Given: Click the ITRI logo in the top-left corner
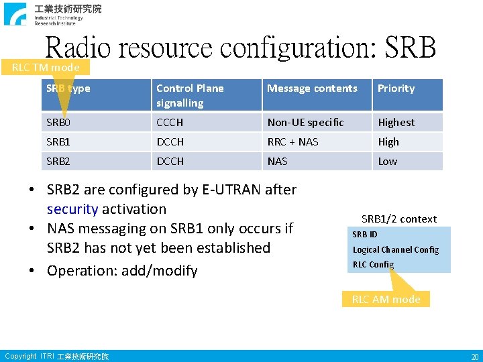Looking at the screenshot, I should [x=17, y=13].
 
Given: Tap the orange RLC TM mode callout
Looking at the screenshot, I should [x=46, y=67].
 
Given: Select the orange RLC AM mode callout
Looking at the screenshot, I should [x=386, y=299].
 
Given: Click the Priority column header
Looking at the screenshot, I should [x=396, y=88].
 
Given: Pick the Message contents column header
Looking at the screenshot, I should [x=312, y=88].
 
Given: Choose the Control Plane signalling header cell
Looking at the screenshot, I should [x=190, y=95].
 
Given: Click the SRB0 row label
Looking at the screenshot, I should [x=58, y=122].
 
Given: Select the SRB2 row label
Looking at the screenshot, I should [x=58, y=161].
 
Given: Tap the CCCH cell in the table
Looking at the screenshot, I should [x=170, y=122].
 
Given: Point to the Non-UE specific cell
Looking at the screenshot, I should [x=305, y=122].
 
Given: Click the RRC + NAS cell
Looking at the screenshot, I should [x=292, y=141].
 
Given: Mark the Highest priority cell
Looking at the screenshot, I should [x=396, y=122].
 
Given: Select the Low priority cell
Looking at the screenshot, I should [x=387, y=161].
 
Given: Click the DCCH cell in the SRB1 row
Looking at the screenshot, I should [x=170, y=141].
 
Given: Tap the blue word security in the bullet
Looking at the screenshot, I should [x=72, y=209].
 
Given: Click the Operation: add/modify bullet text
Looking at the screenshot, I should [x=122, y=271].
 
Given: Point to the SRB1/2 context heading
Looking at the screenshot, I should [x=398, y=219].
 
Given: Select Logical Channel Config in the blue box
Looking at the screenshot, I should [x=396, y=249].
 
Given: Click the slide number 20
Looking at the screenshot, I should [x=474, y=357].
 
